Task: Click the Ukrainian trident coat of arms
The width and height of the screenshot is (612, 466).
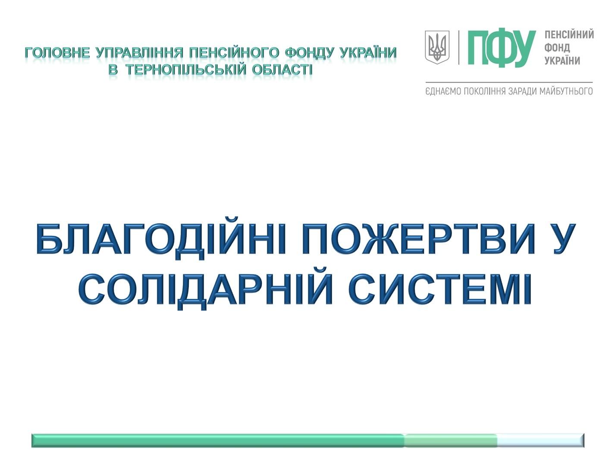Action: coord(436,47)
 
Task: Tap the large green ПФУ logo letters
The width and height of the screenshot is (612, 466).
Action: coord(501,48)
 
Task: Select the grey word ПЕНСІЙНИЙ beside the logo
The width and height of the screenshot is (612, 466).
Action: coord(568,35)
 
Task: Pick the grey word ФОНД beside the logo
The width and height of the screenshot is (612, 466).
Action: coord(557,48)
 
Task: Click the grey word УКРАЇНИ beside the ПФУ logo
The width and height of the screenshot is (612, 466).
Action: coord(562,60)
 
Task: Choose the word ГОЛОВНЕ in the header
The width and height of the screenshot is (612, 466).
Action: coord(57,53)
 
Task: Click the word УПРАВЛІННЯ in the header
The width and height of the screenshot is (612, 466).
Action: coord(140,53)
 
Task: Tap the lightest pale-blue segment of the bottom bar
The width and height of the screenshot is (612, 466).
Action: coord(541,441)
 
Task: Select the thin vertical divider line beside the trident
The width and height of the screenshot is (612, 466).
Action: coord(459,47)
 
